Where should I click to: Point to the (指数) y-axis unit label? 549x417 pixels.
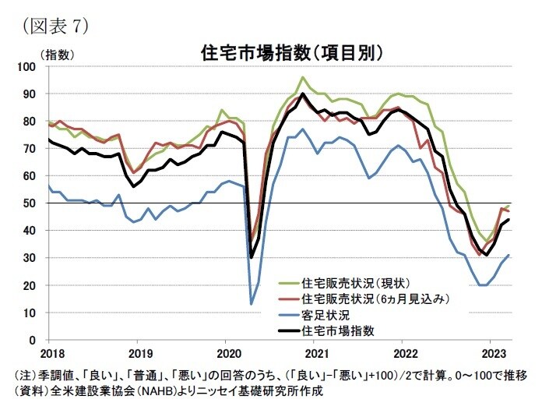(x=56, y=54)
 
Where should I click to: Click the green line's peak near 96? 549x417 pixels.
(x=303, y=77)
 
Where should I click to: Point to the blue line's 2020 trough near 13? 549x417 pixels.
(x=251, y=304)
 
